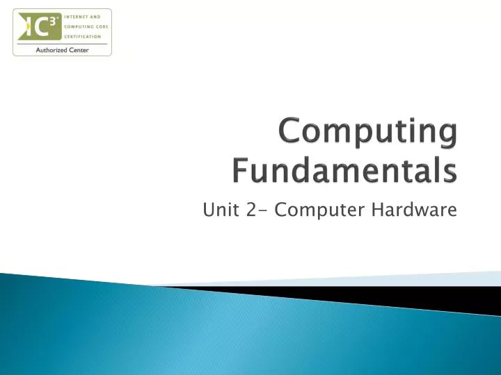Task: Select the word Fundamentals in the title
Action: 344,170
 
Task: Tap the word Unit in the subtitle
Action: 217,210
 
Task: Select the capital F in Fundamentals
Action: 240,170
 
